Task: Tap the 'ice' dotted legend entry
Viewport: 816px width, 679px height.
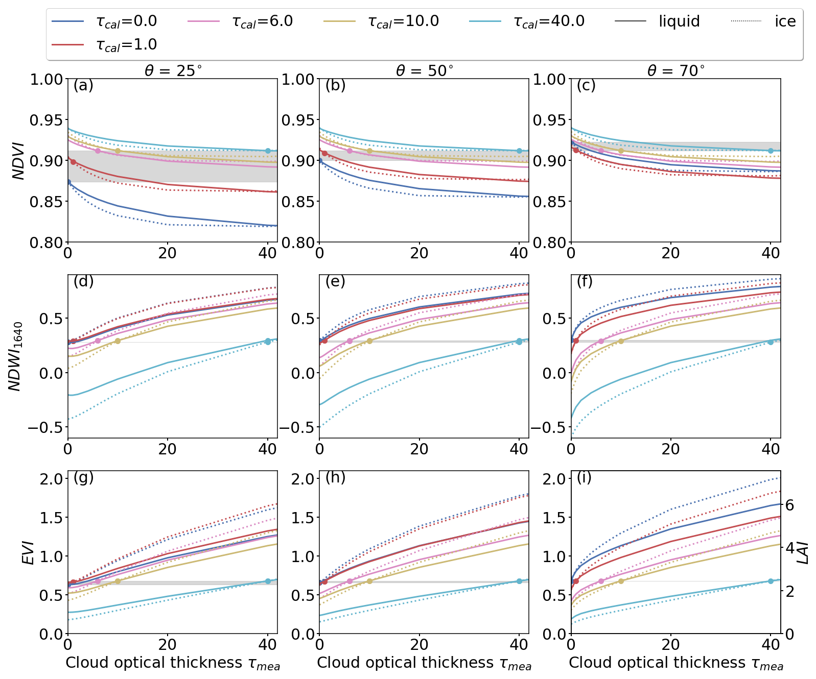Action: (x=764, y=21)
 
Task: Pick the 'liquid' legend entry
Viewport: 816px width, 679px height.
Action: (x=657, y=21)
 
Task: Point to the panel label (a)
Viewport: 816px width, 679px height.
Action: (x=83, y=86)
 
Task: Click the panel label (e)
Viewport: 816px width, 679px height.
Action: (x=335, y=281)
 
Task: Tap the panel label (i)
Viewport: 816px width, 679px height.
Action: (x=584, y=477)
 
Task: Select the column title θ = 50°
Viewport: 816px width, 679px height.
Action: (x=425, y=70)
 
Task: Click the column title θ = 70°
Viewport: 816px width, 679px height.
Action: (x=676, y=70)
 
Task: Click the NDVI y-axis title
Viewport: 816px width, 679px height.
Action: (x=19, y=161)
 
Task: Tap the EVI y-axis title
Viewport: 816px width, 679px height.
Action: (x=29, y=553)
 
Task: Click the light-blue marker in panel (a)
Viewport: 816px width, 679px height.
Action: (x=268, y=151)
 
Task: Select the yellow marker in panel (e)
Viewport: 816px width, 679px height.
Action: (x=369, y=341)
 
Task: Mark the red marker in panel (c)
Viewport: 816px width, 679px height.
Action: (x=576, y=150)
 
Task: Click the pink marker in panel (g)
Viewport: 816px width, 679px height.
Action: (x=98, y=581)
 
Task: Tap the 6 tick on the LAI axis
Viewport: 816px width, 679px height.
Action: (x=789, y=505)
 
